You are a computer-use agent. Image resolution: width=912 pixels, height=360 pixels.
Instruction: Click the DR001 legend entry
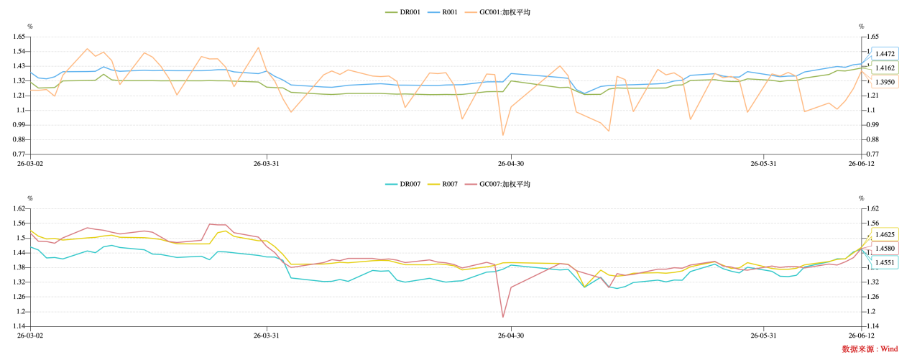click(x=402, y=12)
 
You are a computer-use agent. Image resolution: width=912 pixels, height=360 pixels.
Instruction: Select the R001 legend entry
click(x=443, y=12)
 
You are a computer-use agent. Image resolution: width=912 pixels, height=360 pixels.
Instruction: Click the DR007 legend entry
click(x=402, y=184)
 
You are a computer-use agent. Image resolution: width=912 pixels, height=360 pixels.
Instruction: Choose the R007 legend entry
click(x=443, y=184)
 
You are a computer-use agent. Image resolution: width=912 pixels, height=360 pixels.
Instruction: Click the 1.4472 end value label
click(x=885, y=54)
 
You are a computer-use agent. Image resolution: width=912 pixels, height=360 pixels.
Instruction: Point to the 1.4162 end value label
click(x=885, y=68)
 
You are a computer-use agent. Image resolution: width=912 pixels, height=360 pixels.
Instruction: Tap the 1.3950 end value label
click(x=885, y=82)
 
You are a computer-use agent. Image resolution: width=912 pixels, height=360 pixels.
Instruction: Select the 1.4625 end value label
click(x=885, y=234)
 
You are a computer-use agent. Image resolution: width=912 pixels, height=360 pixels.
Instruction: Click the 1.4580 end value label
click(x=885, y=249)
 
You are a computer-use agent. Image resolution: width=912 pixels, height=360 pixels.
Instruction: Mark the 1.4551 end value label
click(x=885, y=263)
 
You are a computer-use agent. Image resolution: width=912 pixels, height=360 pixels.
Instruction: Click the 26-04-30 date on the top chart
click(x=511, y=164)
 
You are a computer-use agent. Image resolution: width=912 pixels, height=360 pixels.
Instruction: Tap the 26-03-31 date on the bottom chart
click(x=267, y=336)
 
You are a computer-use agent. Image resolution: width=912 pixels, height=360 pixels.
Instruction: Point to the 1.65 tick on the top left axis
click(x=19, y=37)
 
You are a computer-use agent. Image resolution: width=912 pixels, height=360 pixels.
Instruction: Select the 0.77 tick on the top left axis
click(x=19, y=154)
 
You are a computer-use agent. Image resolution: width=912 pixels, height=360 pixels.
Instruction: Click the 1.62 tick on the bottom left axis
click(x=19, y=208)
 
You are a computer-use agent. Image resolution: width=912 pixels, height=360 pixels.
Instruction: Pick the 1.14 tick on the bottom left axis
click(x=19, y=326)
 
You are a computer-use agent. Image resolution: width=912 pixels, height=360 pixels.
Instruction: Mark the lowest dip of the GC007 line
click(x=503, y=317)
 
